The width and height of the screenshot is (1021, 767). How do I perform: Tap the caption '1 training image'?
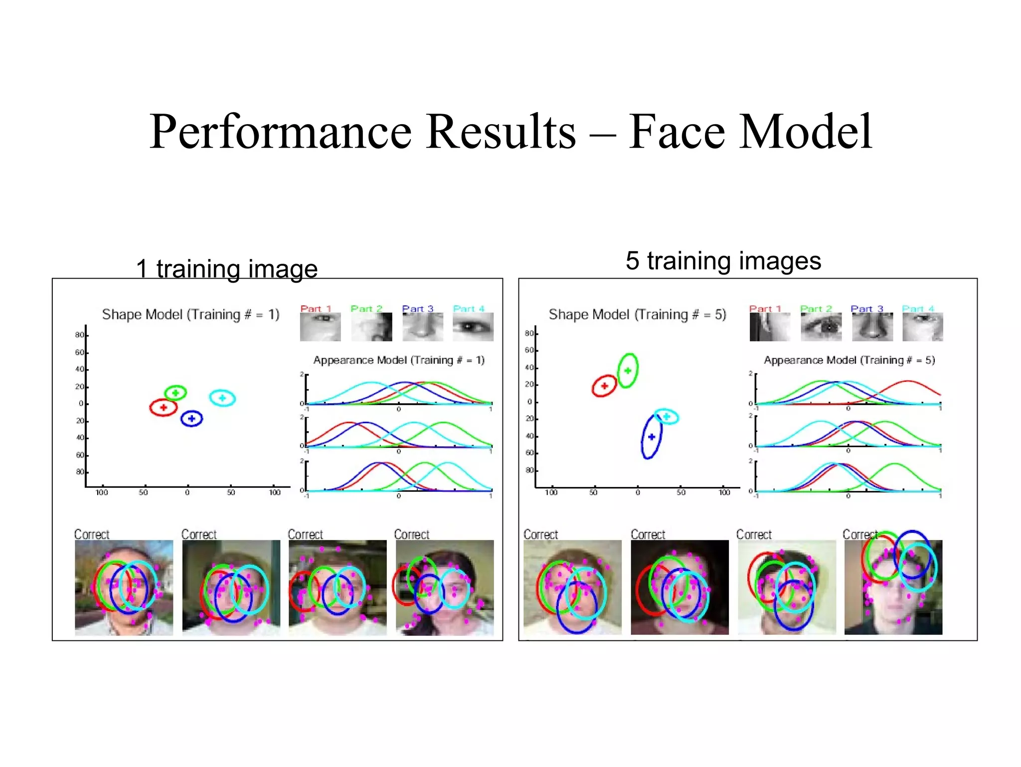227,269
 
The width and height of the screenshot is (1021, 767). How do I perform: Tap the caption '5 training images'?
723,261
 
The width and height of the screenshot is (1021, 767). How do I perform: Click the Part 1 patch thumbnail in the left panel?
320,327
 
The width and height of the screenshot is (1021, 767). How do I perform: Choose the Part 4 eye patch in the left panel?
473,327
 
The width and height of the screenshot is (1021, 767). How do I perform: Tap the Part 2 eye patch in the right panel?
821,327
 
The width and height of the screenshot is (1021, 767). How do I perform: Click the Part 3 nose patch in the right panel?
872,327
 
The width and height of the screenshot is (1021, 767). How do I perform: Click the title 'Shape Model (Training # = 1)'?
190,314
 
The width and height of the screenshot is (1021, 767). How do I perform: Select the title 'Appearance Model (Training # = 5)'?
849,360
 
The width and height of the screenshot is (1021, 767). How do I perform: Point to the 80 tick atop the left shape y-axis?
80,335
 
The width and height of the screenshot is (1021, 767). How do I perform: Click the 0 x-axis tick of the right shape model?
638,492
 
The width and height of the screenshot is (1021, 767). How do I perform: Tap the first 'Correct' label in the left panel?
92,534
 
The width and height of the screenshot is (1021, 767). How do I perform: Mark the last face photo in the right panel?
893,587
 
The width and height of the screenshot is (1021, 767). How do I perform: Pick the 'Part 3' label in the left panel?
417,308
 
